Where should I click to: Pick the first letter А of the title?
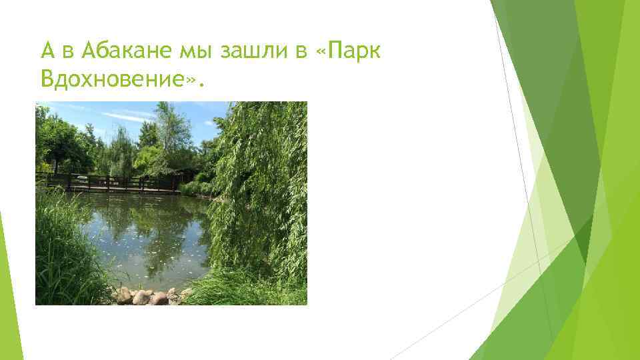tap(47, 51)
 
